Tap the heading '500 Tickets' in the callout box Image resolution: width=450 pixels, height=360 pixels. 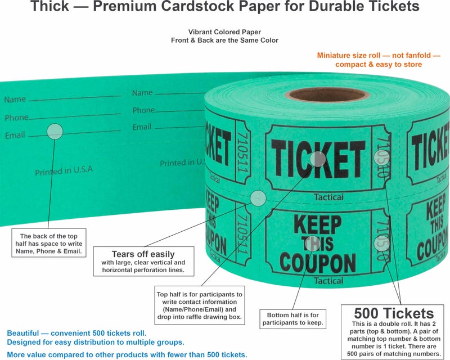[x=393, y=313]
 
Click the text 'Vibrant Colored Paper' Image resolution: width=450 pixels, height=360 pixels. [x=225, y=32]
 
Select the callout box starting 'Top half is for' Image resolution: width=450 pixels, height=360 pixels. [x=199, y=305]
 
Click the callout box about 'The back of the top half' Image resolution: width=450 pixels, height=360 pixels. [x=51, y=244]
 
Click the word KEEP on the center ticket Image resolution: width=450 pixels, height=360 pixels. [x=318, y=226]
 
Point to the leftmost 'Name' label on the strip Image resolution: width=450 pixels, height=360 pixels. [x=15, y=100]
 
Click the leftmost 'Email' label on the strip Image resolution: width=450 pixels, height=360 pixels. [x=15, y=136]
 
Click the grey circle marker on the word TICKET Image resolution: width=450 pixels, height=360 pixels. [x=318, y=159]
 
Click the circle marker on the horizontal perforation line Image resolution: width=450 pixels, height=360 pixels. [x=258, y=197]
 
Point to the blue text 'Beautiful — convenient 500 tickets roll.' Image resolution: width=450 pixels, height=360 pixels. [x=77, y=333]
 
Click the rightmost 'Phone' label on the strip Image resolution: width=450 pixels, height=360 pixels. [x=143, y=110]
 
